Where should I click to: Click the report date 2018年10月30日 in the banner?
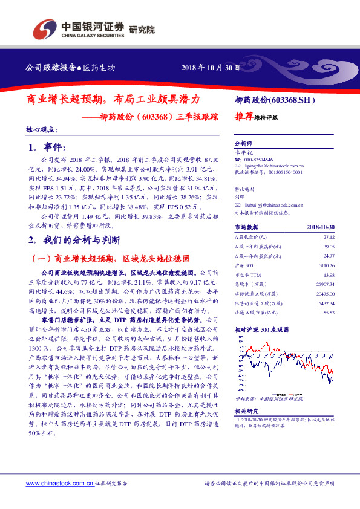207,67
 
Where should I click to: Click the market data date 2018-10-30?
321,227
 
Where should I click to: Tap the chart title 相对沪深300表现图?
261,329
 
